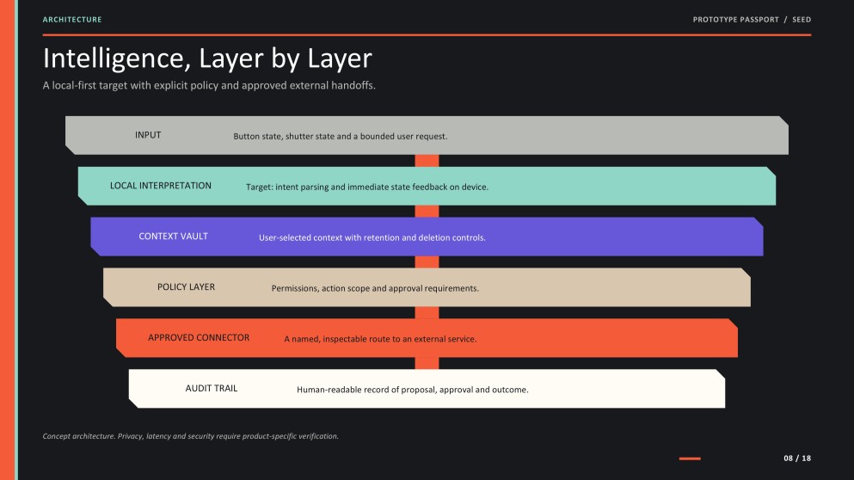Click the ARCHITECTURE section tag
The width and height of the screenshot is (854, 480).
pyautogui.click(x=72, y=20)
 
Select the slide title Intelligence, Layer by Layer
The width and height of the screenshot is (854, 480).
pyautogui.click(x=207, y=58)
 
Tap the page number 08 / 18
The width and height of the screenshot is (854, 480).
pyautogui.click(x=797, y=458)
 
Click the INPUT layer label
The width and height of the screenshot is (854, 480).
pyautogui.click(x=148, y=135)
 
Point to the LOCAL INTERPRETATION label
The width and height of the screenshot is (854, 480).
pyautogui.click(x=161, y=186)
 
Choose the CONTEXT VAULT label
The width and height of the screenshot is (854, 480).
pyautogui.click(x=173, y=237)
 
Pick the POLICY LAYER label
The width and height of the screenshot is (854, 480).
pyautogui.click(x=187, y=287)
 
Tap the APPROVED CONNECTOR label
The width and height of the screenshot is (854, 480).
pyautogui.click(x=199, y=338)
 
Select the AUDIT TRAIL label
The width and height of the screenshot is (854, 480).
pyautogui.click(x=212, y=389)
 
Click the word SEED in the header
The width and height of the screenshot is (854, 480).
pyautogui.click(x=802, y=20)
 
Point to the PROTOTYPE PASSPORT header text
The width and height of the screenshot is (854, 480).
pyautogui.click(x=736, y=20)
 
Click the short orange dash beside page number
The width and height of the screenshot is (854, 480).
pyautogui.click(x=690, y=458)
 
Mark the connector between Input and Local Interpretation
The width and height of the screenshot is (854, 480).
pyautogui.click(x=427, y=161)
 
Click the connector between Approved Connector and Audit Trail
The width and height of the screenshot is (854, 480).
pyautogui.click(x=427, y=363)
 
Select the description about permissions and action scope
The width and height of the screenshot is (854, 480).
pyautogui.click(x=375, y=288)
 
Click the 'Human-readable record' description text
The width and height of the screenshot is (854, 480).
pyautogui.click(x=413, y=390)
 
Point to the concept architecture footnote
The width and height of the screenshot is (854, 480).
pyautogui.click(x=191, y=436)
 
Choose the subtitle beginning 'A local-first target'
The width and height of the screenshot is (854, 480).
pyautogui.click(x=209, y=85)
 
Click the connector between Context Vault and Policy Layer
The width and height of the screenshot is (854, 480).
pyautogui.click(x=427, y=262)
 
